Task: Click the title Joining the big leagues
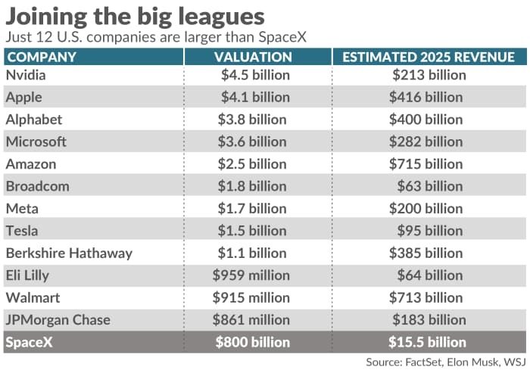click(136, 17)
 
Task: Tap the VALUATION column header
click(253, 58)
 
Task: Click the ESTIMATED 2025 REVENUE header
click(429, 58)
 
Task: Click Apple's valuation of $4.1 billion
click(255, 97)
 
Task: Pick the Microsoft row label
click(36, 141)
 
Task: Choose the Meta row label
click(22, 209)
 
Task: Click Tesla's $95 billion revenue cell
click(432, 231)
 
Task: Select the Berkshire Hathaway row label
click(69, 253)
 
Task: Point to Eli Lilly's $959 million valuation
click(251, 275)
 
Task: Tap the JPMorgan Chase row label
click(58, 320)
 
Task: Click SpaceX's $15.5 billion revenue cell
click(428, 342)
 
